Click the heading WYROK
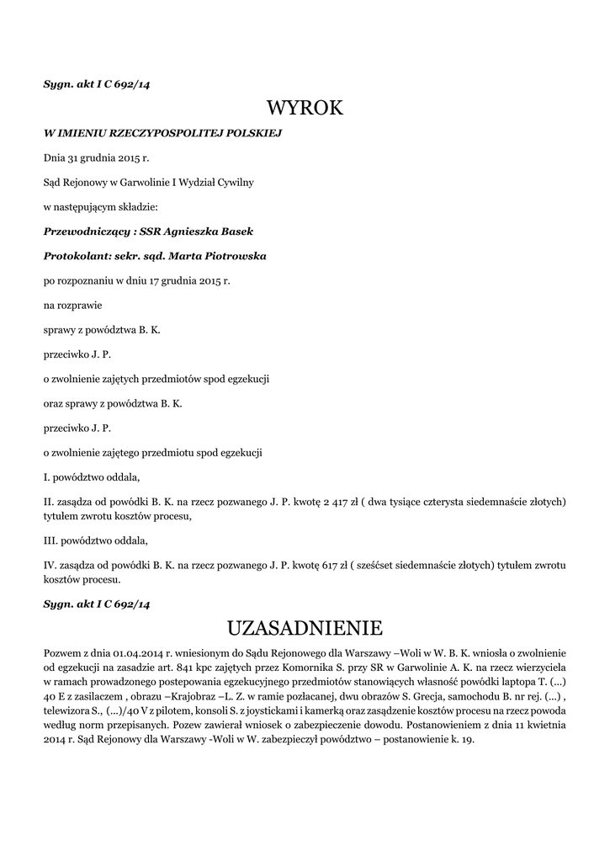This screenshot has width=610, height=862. pyautogui.click(x=305, y=108)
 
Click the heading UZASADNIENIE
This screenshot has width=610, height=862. pyautogui.click(x=305, y=627)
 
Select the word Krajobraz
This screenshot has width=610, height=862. pyautogui.click(x=201, y=696)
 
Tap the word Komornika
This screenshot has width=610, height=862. pyautogui.click(x=301, y=668)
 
